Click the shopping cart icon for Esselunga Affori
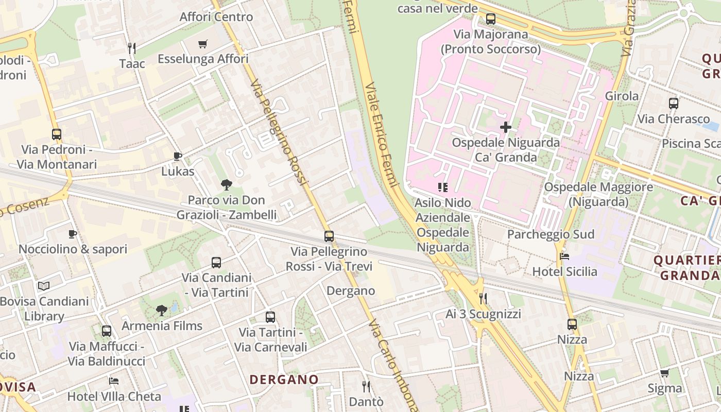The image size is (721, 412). pos(203,44)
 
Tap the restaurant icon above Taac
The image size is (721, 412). pos(132,48)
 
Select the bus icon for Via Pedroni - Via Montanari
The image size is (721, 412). pos(57,134)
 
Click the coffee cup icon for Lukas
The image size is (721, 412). pos(178,156)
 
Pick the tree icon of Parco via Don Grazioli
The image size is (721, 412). pos(226,184)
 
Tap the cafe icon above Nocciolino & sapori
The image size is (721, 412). pos(73,234)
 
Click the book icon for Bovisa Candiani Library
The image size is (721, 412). pos(44,286)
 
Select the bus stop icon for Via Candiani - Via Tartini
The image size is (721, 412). pos(216,263)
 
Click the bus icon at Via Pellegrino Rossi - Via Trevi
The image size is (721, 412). pos(329,236)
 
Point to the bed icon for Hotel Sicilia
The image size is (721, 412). pos(564,256)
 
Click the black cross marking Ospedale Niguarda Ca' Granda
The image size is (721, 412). pos(506,127)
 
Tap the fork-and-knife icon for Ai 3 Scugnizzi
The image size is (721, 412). pos(483,298)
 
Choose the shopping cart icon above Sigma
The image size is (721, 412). pos(665,373)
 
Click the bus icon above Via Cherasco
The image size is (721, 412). pos(674,104)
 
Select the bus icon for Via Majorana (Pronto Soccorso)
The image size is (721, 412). pos(491,19)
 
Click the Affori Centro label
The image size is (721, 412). pos(216,16)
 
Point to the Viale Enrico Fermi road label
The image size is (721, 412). pos(382,134)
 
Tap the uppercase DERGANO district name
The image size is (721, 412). pos(284,380)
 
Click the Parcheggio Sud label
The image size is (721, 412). pos(551,234)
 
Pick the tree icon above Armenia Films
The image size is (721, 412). pos(162,311)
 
